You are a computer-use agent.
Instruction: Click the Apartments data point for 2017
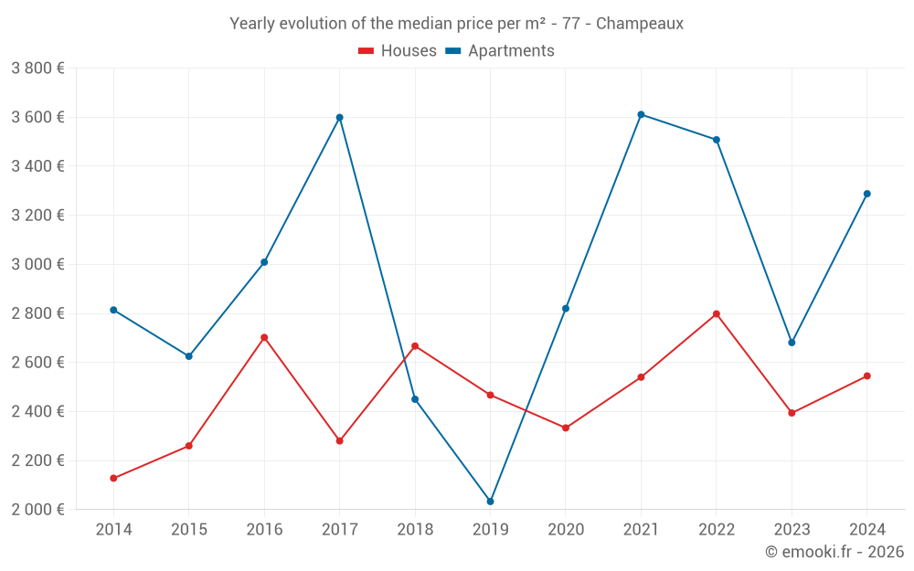point(340,118)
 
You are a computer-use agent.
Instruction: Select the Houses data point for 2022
point(717,314)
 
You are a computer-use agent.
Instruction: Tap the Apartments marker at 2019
point(491,502)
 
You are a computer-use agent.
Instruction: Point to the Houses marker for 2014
point(113,479)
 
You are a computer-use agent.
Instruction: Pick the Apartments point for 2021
point(641,114)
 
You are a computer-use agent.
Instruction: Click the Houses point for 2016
point(264,337)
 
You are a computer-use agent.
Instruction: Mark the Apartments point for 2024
point(867,194)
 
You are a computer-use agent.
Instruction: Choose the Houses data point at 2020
point(566,428)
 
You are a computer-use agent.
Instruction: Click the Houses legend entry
point(398,51)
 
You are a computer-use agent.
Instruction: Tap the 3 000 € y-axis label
point(37,264)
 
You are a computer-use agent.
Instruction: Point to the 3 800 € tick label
point(37,68)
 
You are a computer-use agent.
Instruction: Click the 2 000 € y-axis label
point(37,510)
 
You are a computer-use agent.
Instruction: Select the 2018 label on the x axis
point(415,530)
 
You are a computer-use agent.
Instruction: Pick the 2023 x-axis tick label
point(792,530)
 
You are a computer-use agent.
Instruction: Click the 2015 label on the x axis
point(189,530)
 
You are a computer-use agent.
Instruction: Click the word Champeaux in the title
point(639,24)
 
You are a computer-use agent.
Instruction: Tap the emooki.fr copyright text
point(834,552)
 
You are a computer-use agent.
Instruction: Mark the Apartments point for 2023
point(792,343)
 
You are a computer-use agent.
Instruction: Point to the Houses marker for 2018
point(415,346)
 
